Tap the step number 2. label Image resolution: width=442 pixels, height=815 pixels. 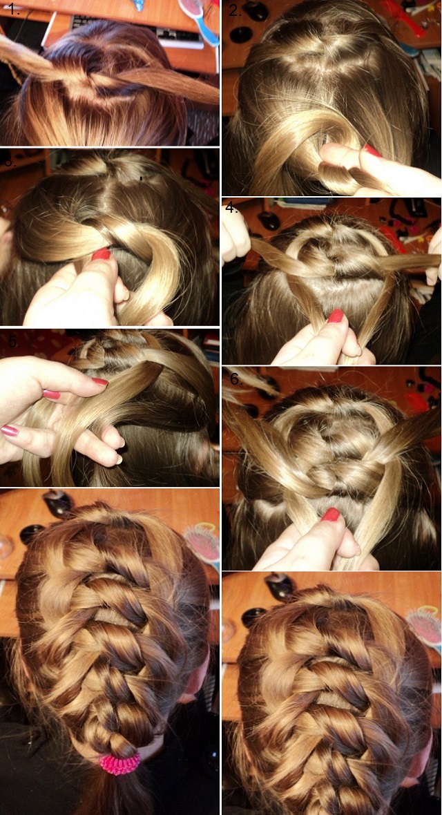pos(235,10)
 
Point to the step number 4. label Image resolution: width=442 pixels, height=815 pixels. pos(232,207)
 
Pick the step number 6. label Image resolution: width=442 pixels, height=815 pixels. pos(235,378)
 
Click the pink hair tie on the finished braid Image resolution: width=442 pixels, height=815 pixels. pos(119,763)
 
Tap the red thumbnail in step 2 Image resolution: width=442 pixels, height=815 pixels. pos(374,151)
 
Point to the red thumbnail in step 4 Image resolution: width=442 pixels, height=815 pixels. pos(336,316)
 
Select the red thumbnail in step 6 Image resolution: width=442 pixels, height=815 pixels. pos(330,515)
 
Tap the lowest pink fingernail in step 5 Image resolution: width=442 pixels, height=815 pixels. pos(10,430)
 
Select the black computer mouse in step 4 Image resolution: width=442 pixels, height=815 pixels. pos(269,221)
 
